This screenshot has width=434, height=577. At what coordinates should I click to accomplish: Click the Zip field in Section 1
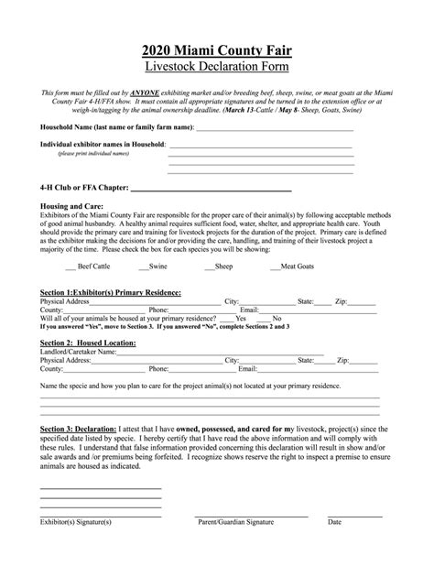click(363, 300)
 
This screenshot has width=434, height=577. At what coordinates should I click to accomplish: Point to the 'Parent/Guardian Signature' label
click(235, 522)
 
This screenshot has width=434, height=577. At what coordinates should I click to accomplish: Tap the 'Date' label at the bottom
click(334, 522)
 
